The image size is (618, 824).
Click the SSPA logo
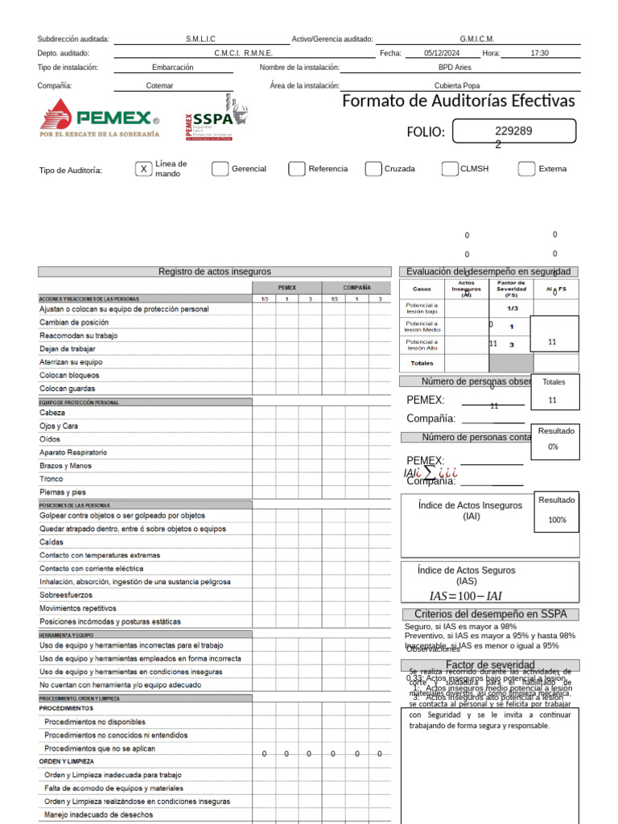point(216,118)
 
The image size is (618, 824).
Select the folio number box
point(514,131)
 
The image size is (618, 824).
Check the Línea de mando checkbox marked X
point(143,169)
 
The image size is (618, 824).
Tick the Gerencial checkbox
point(220,169)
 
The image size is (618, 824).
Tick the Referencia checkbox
point(296,169)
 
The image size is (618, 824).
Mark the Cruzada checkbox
point(373,169)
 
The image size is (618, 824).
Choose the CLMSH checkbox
point(449,169)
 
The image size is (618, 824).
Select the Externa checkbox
point(526,169)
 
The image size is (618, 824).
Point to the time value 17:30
point(539,53)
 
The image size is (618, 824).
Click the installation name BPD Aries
point(455,68)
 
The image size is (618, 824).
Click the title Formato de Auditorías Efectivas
point(458,101)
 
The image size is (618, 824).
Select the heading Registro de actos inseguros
point(214,272)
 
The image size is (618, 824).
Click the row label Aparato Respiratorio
point(73,452)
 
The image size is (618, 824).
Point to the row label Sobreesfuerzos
point(66,595)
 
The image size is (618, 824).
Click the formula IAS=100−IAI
point(465,596)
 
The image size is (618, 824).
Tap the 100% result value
point(557,520)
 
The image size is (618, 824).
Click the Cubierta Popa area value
point(457,85)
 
